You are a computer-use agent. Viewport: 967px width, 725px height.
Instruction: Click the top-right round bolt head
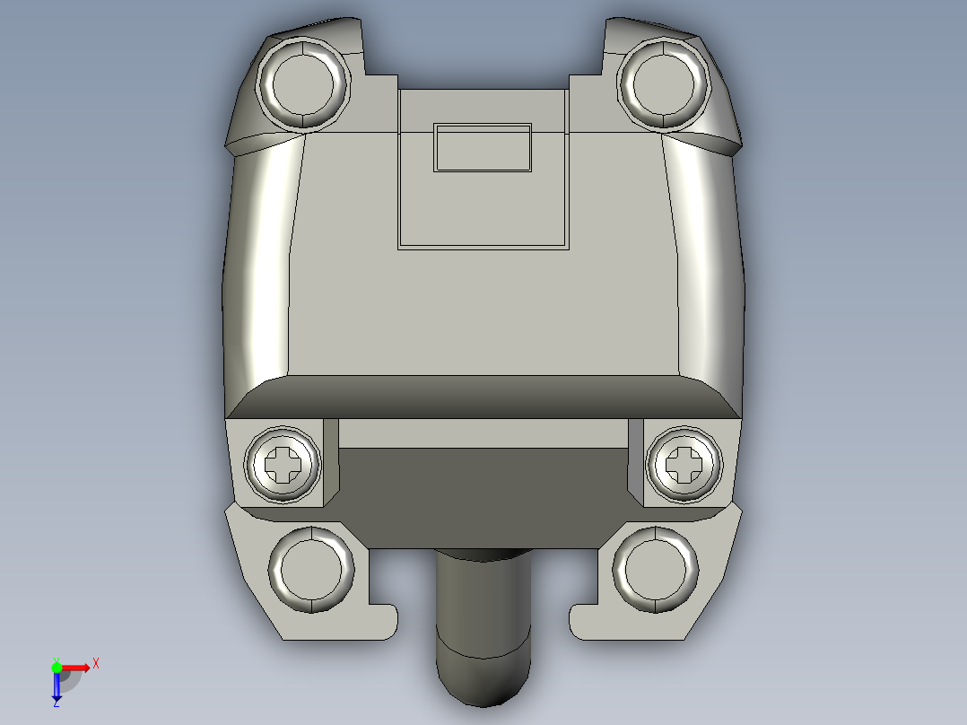[664, 83]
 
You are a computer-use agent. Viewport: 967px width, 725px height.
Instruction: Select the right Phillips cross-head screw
[684, 464]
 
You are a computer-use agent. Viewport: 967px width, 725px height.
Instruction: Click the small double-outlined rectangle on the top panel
[483, 148]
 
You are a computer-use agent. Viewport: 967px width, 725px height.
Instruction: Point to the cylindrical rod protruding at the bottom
[483, 628]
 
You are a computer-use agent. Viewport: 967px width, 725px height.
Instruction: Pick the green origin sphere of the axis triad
[57, 667]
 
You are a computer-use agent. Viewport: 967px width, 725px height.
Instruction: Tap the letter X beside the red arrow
[95, 664]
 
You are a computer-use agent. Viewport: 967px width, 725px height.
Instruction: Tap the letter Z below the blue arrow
[56, 703]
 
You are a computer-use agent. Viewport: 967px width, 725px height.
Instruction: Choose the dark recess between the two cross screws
[483, 498]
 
